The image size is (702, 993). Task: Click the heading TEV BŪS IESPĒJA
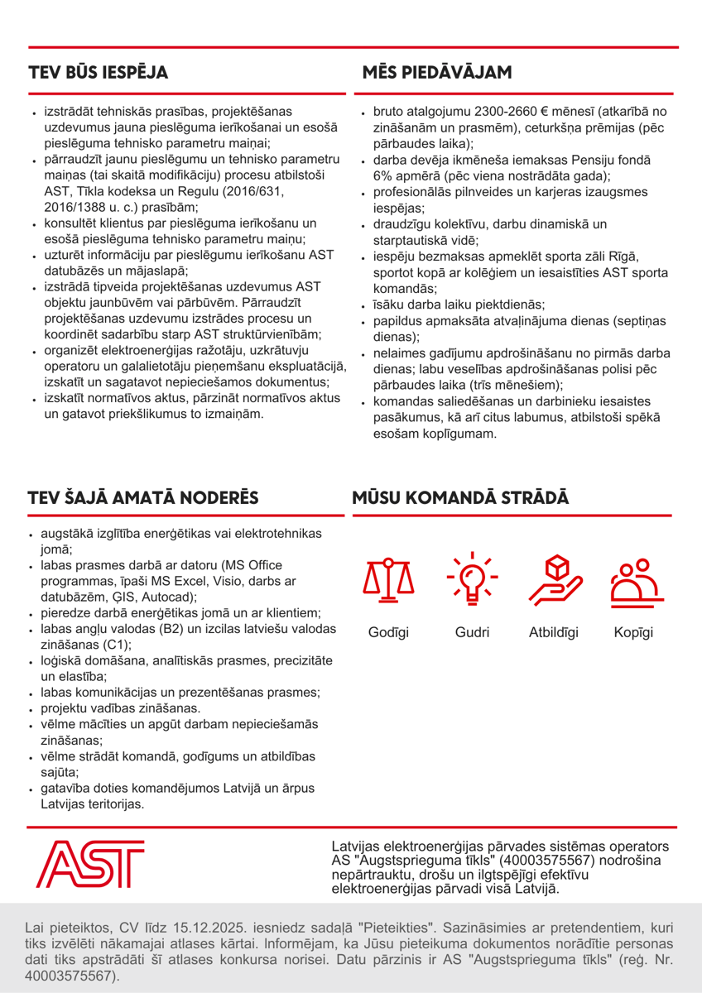(99, 72)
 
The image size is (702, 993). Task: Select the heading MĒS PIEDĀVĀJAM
(437, 72)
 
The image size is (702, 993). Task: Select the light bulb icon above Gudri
(472, 575)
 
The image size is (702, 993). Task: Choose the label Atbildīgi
(553, 633)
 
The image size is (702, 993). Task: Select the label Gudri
(472, 633)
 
